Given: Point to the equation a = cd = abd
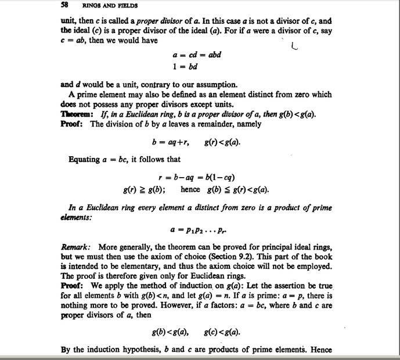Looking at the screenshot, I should click(197, 55).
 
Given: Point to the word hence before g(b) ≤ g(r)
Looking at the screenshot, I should click(190, 189).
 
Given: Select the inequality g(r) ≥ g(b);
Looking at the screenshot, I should click(143, 189).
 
